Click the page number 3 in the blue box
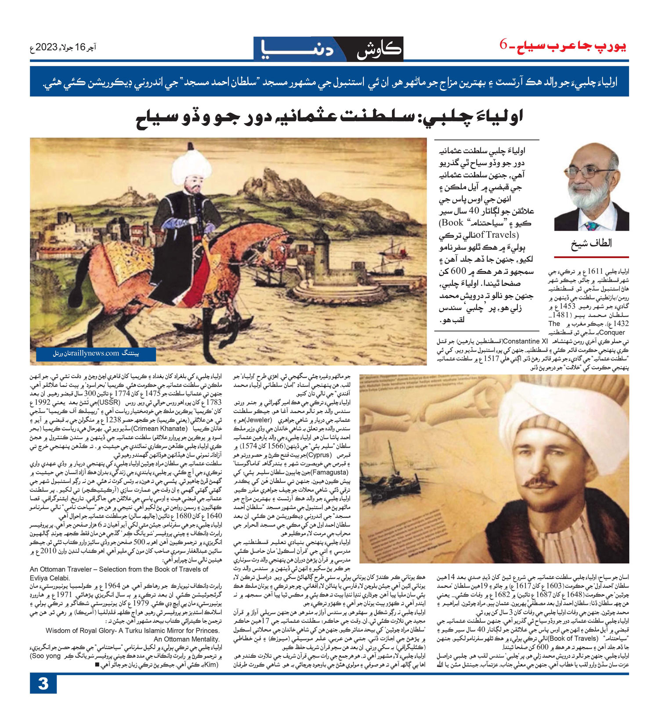point(43,684)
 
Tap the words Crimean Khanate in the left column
point(159,428)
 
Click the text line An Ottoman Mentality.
point(186,639)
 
